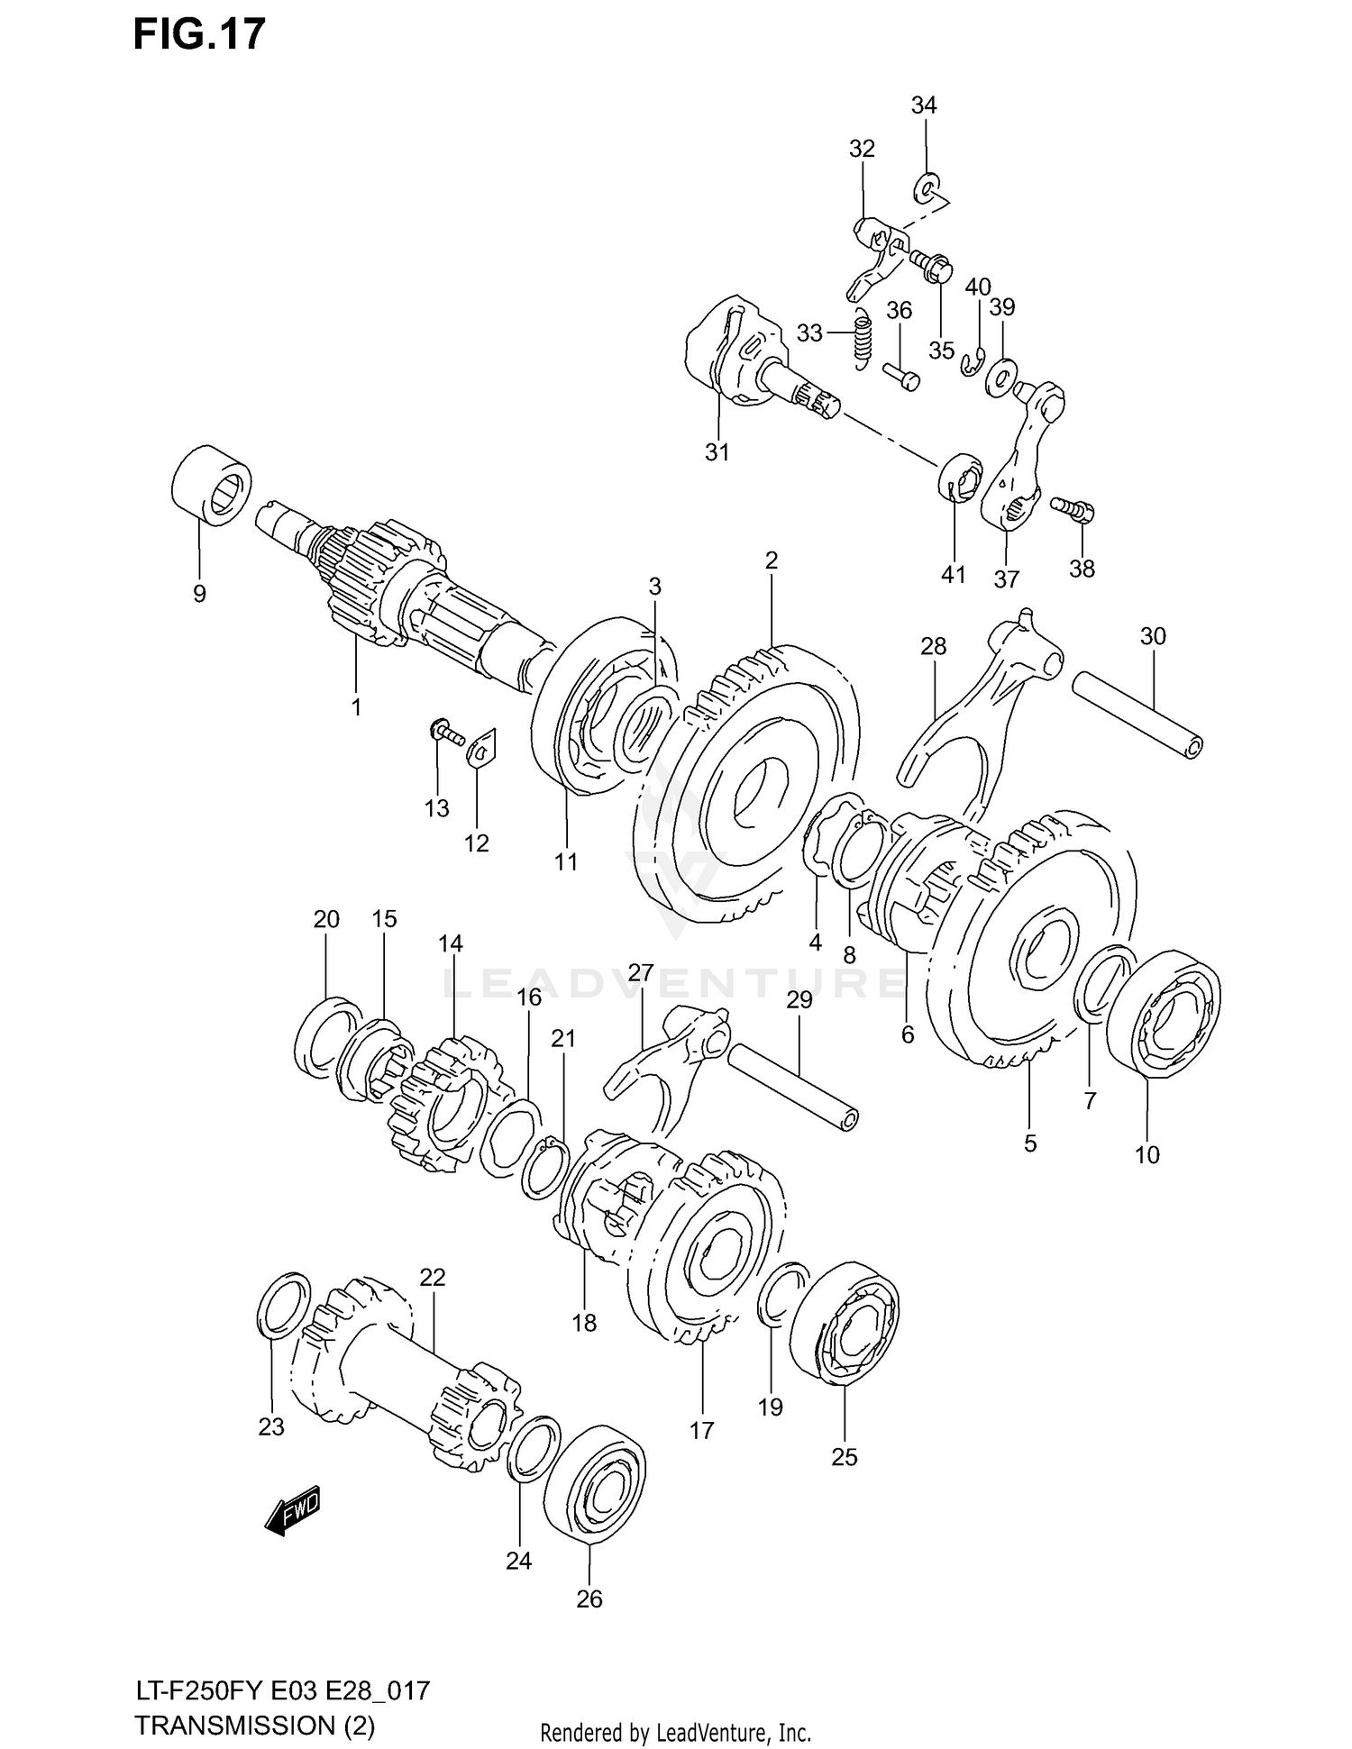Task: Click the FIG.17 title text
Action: click(199, 34)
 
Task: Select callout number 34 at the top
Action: click(924, 105)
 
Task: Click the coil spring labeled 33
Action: click(862, 336)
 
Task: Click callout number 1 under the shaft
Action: click(356, 707)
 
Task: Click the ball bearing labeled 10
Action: click(1163, 1012)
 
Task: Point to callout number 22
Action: click(433, 1277)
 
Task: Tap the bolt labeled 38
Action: click(1073, 509)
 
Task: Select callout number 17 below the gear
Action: click(701, 1430)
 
